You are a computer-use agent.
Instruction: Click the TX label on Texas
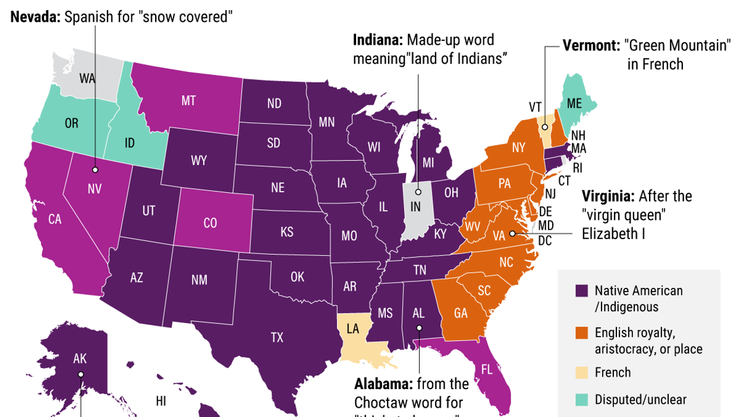pyautogui.click(x=277, y=337)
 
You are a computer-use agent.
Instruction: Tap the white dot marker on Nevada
pyautogui.click(x=95, y=170)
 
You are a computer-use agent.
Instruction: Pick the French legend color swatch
pyautogui.click(x=582, y=373)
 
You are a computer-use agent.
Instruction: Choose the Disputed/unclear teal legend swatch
pyautogui.click(x=582, y=399)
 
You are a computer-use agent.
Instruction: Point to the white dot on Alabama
pyautogui.click(x=419, y=328)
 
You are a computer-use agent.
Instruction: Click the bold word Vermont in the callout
pyautogui.click(x=591, y=45)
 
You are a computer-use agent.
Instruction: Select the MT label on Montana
pyautogui.click(x=188, y=101)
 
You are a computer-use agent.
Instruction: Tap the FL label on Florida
pyautogui.click(x=487, y=369)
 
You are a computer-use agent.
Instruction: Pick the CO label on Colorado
pyautogui.click(x=210, y=223)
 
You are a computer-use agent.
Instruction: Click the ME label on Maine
pyautogui.click(x=574, y=103)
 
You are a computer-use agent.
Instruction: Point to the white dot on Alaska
pyautogui.click(x=80, y=374)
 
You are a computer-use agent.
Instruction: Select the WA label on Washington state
pyautogui.click(x=87, y=78)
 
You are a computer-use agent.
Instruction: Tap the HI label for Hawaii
pyautogui.click(x=160, y=401)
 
